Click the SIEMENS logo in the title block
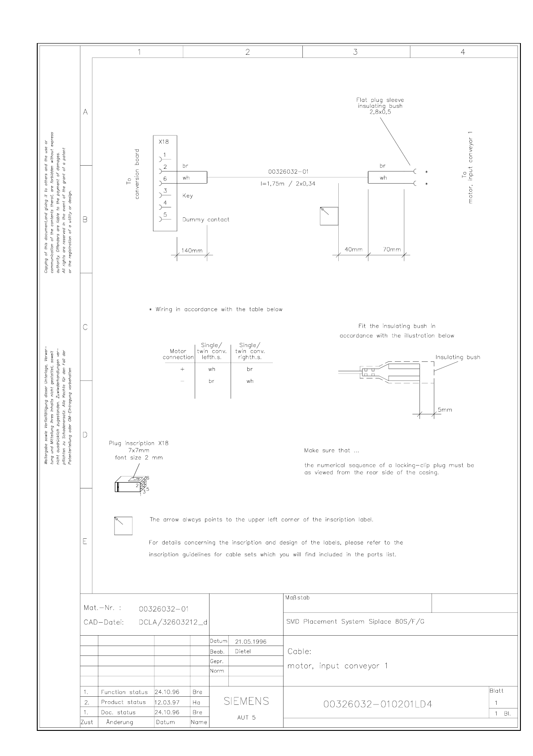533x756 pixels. [246, 701]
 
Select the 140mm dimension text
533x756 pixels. [192, 251]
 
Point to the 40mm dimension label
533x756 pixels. [353, 250]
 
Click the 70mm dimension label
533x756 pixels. [392, 250]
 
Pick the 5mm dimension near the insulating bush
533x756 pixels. [445, 409]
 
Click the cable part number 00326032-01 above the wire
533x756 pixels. [288, 172]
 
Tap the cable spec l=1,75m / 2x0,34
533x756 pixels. [288, 184]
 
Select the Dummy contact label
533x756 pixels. [205, 220]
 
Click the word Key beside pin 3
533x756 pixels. [188, 196]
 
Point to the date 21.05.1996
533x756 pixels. [251, 642]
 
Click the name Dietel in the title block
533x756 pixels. [243, 651]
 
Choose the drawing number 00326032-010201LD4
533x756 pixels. [377, 704]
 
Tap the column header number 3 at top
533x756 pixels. [355, 52]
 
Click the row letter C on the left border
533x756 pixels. [85, 327]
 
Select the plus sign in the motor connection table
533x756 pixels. [182, 369]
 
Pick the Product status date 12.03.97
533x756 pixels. [167, 702]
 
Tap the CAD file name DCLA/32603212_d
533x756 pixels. [173, 623]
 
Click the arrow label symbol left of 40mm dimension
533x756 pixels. [329, 216]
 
